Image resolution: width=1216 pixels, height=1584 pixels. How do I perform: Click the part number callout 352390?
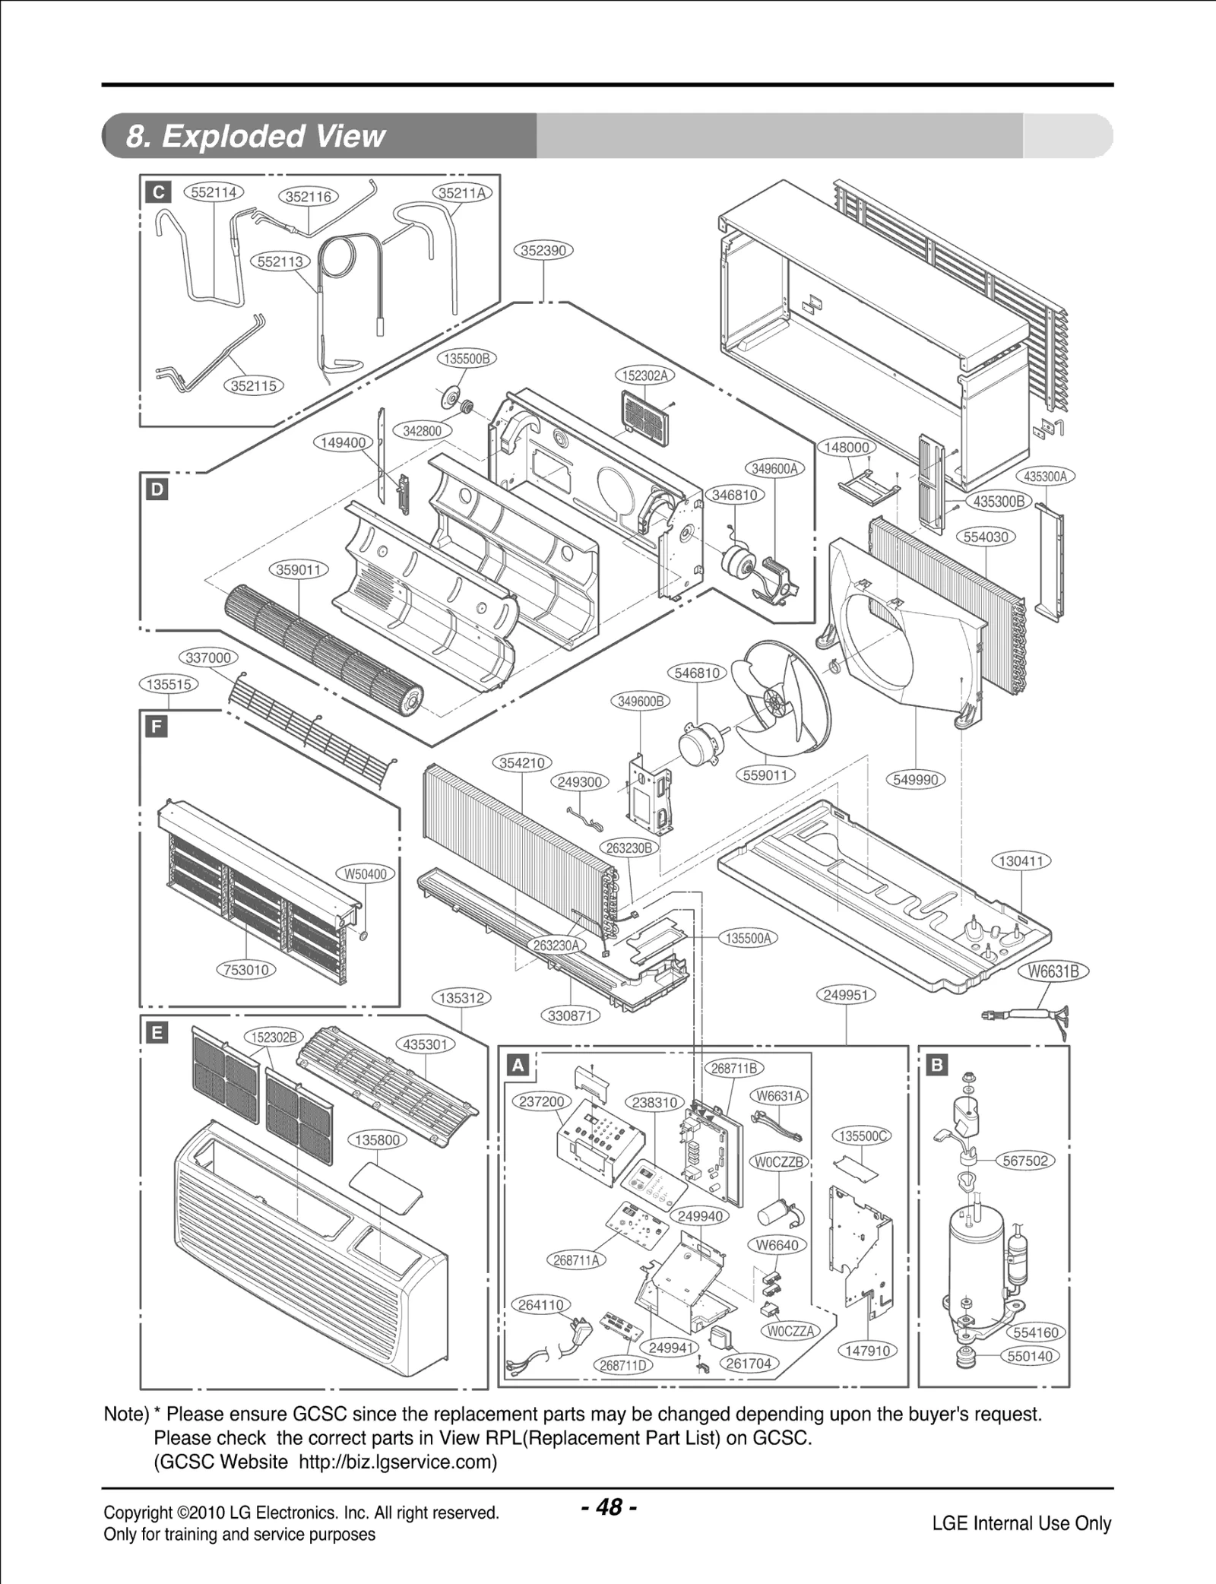point(543,250)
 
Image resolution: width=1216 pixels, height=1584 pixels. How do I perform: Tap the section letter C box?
point(158,192)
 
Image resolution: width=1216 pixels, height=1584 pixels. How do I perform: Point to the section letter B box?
point(936,1065)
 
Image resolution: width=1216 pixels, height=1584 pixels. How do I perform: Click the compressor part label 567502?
point(1024,1161)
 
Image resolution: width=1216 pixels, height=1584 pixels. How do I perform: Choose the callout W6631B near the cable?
point(1053,971)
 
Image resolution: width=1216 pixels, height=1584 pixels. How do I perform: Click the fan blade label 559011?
point(765,775)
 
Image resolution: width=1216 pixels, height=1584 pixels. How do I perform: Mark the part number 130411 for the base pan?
point(1021,861)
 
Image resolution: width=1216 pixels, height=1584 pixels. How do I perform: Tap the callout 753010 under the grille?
point(246,970)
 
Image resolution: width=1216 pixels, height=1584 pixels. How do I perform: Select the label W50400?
point(366,874)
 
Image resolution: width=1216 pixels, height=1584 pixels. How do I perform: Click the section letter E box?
point(157,1032)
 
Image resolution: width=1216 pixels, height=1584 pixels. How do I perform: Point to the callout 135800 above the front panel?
point(377,1139)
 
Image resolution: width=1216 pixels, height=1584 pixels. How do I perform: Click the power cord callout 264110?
point(540,1305)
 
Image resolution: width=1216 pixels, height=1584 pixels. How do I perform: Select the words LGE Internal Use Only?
point(1021,1523)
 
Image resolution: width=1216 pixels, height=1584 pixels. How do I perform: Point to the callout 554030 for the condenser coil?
point(985,537)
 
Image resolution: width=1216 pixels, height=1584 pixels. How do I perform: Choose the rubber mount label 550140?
point(1030,1356)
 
